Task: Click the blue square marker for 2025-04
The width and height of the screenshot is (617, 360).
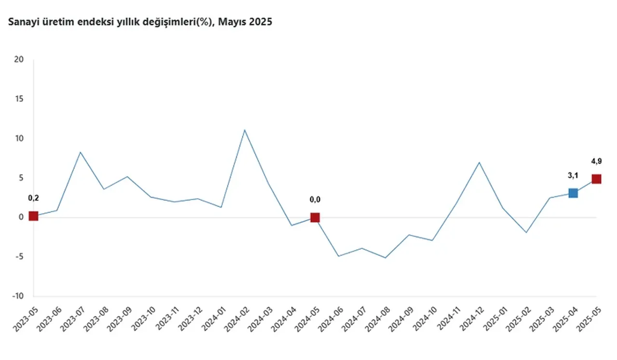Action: click(x=573, y=193)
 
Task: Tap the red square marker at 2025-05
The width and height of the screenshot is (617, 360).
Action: click(x=596, y=179)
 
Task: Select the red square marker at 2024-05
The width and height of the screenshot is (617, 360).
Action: click(x=315, y=217)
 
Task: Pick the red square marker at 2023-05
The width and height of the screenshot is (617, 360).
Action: click(x=33, y=216)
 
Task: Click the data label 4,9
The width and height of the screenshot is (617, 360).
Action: click(x=596, y=161)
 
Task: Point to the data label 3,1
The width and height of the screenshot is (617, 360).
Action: click(x=573, y=176)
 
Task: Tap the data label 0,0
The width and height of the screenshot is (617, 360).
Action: click(x=315, y=200)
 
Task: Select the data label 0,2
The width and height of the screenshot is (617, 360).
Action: click(x=33, y=198)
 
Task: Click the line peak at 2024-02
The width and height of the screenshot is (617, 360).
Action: click(x=244, y=130)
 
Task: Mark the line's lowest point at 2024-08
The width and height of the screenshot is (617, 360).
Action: click(x=385, y=258)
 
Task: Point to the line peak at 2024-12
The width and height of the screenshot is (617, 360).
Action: click(x=479, y=162)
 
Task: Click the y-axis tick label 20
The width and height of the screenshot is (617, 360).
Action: click(x=19, y=60)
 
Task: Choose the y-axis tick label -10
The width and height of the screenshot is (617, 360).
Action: click(x=18, y=296)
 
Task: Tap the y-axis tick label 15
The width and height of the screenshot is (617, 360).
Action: click(x=19, y=99)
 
